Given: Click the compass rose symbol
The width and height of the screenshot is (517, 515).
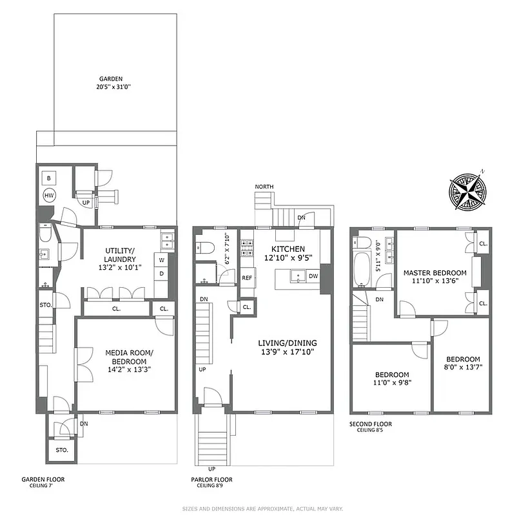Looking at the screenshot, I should pos(468,190).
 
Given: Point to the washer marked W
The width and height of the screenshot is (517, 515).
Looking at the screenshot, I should pos(161,261).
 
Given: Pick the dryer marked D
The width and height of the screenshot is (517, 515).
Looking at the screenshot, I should pos(161,273).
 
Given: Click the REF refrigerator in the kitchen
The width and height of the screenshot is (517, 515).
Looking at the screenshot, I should pos(247,278).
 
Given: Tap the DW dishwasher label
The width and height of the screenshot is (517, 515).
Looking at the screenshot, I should pos(313,276).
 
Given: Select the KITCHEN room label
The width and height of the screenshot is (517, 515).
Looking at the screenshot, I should pos(288,249).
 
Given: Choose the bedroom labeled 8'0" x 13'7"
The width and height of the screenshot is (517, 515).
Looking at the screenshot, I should pos(463,364).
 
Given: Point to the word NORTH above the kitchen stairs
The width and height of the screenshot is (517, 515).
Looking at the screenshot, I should pos(264,187).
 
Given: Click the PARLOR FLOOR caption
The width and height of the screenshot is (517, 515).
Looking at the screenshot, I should pos(211,480).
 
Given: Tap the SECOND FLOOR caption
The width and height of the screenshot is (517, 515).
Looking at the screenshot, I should pos(370,424).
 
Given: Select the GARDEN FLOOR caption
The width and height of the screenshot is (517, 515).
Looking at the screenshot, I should pos(43,479).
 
